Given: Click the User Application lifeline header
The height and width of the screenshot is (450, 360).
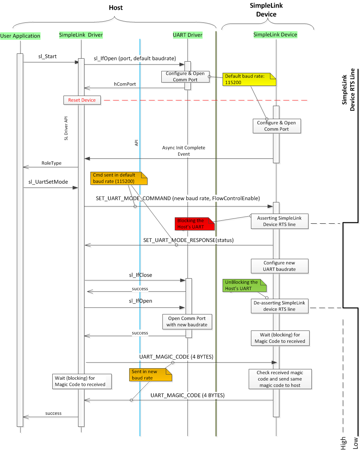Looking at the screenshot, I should pyautogui.click(x=20, y=36).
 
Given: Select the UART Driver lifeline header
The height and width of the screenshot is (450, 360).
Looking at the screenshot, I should pyautogui.click(x=187, y=35).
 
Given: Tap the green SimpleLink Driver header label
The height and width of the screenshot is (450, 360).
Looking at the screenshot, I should pyautogui.click(x=81, y=35).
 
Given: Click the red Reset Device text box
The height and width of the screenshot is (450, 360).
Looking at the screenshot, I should pyautogui.click(x=82, y=100).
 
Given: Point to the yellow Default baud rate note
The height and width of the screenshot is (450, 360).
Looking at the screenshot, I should pyautogui.click(x=249, y=79).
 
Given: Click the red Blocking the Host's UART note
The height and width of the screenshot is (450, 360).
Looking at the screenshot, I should pyautogui.click(x=194, y=223).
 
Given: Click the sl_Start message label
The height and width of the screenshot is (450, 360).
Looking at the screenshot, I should pyautogui.click(x=47, y=57).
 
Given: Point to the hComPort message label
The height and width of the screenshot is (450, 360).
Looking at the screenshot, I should pyautogui.click(x=125, y=84).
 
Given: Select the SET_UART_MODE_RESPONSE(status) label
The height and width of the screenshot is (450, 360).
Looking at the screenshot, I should pyautogui.click(x=188, y=240).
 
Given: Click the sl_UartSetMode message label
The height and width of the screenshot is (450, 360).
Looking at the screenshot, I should pyautogui.click(x=48, y=182).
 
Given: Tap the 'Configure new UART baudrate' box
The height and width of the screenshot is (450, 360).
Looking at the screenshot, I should pyautogui.click(x=279, y=266).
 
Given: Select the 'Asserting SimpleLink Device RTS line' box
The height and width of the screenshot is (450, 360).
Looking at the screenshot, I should pyautogui.click(x=279, y=221).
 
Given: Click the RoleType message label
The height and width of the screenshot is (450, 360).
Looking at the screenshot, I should pyautogui.click(x=52, y=163).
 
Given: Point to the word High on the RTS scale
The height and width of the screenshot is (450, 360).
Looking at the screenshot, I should pyautogui.click(x=343, y=443).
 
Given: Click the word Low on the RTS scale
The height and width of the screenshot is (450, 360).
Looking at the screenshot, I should pyautogui.click(x=355, y=443).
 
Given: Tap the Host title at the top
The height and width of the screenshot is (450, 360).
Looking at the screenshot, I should pyautogui.click(x=116, y=7).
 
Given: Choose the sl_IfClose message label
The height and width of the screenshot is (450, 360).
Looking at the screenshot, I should pyautogui.click(x=140, y=275).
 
